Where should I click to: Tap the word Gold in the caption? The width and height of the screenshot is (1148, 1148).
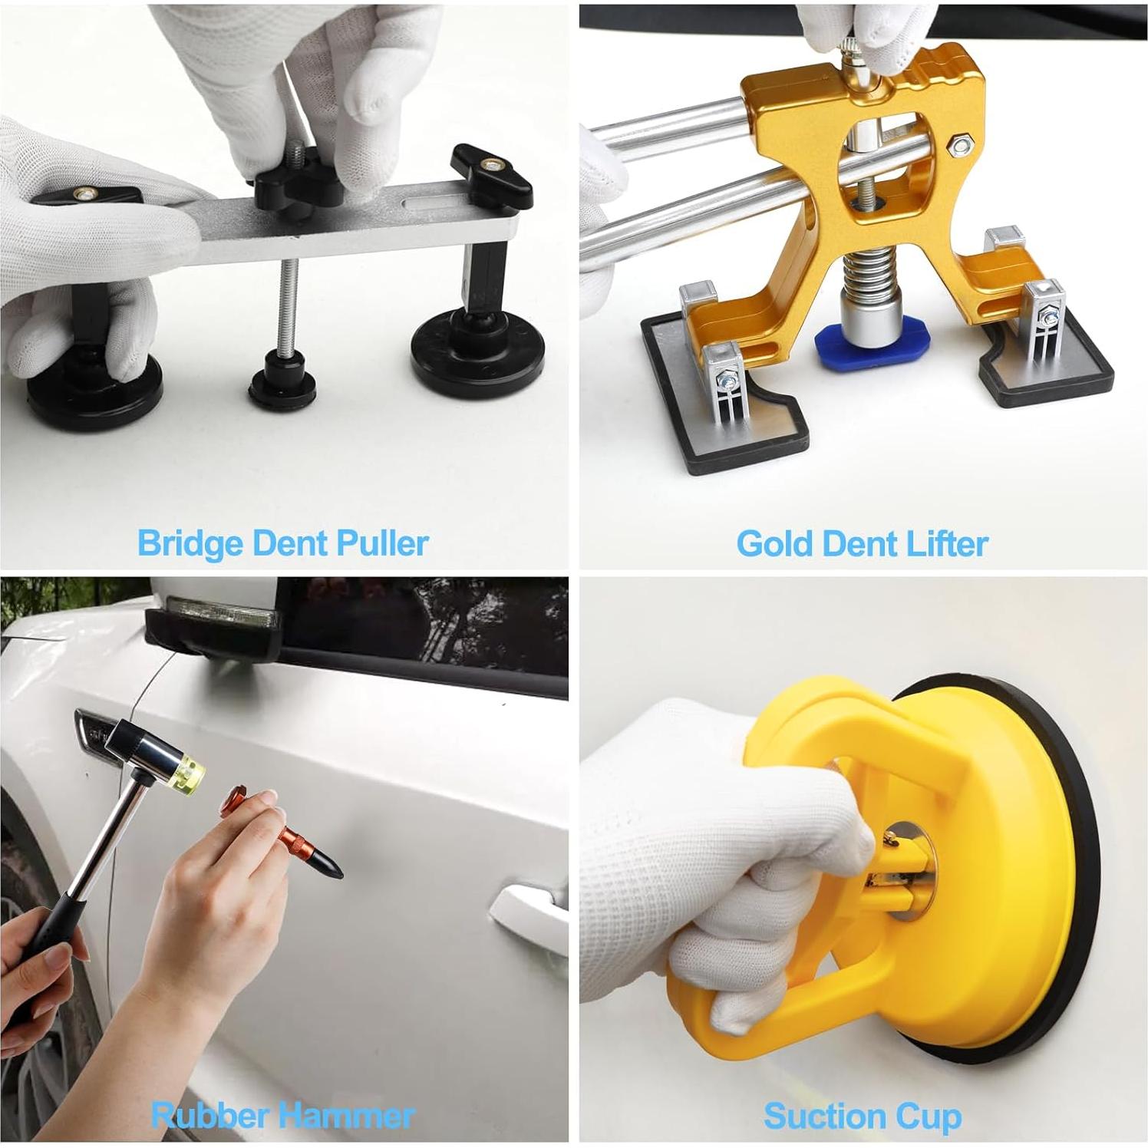tap(775, 544)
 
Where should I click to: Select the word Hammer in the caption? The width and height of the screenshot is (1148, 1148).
tap(351, 1115)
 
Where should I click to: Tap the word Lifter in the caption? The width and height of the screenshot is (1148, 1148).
tap(948, 544)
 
